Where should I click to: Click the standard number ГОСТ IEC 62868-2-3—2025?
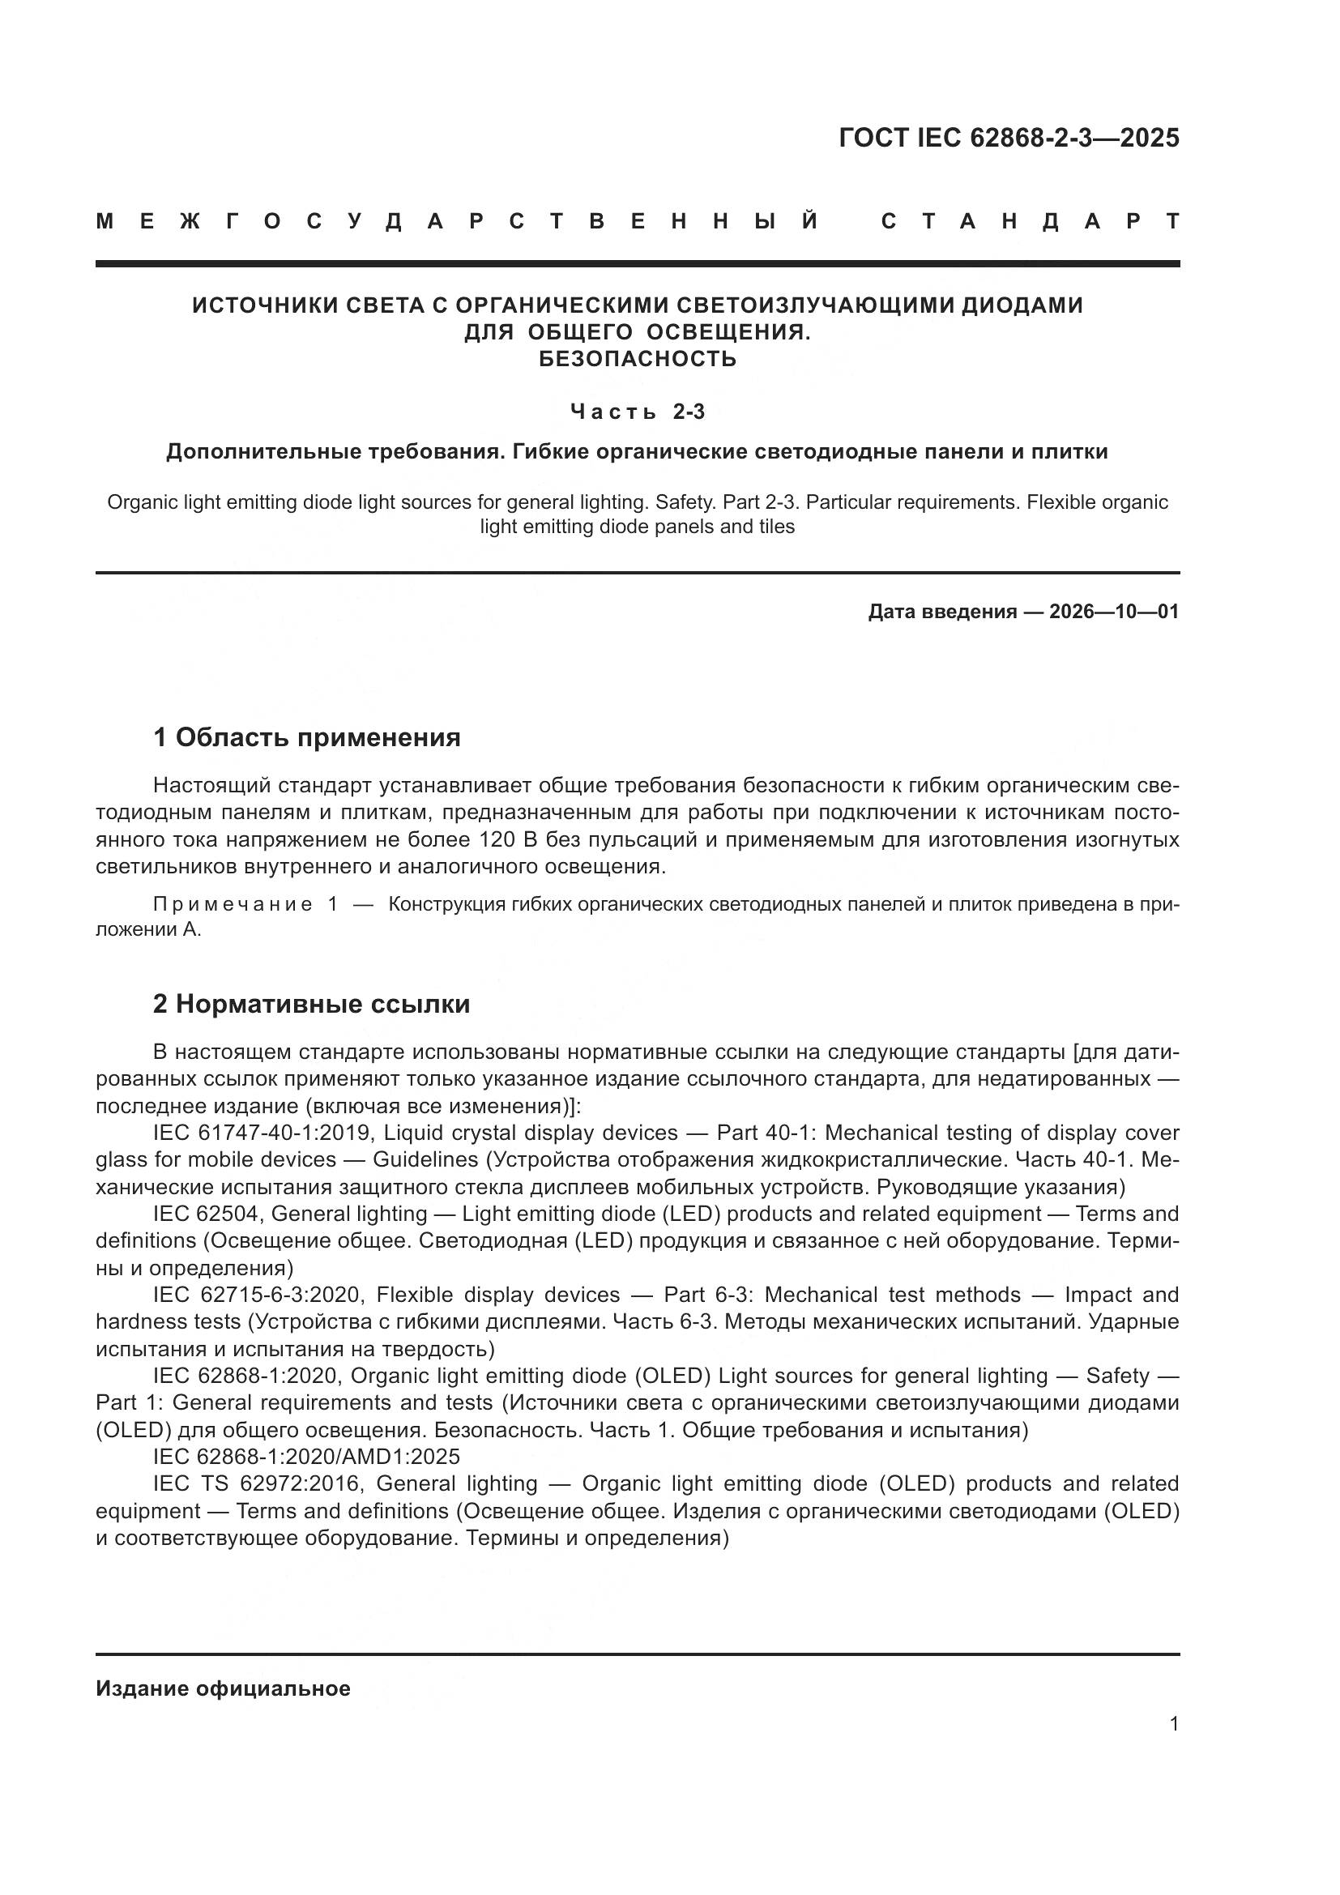tap(1009, 138)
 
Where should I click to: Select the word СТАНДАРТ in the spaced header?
tap(1031, 221)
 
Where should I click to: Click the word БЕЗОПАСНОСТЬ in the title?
tap(637, 359)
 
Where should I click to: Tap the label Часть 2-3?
tap(637, 411)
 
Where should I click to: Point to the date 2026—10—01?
tap(1114, 612)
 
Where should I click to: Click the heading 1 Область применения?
tap(307, 737)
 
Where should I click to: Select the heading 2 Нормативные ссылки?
tap(312, 1004)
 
